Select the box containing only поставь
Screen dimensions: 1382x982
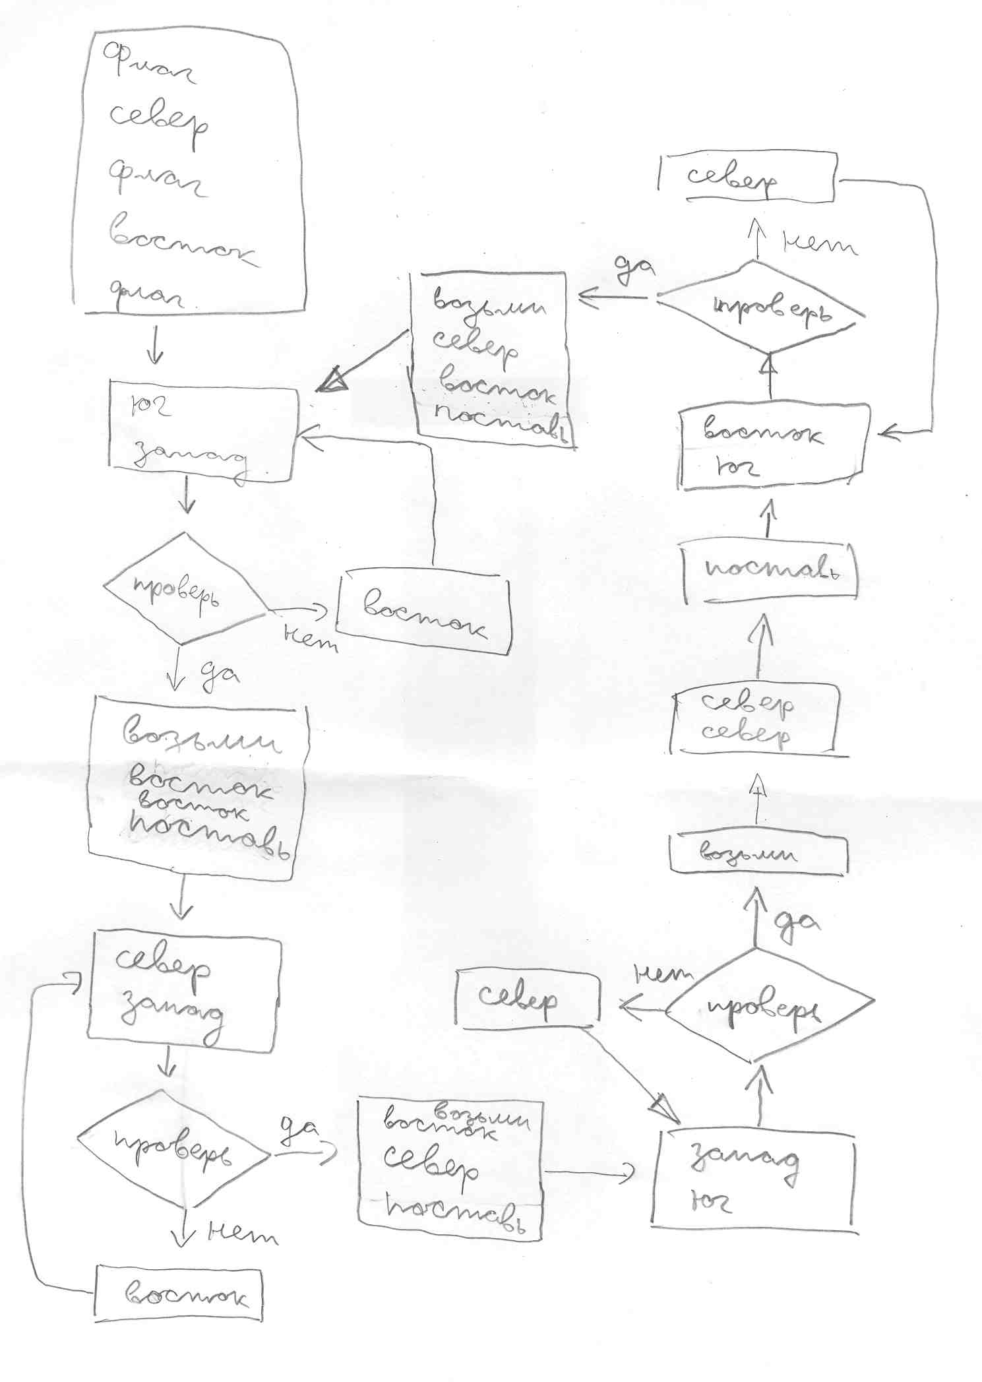pyautogui.click(x=770, y=571)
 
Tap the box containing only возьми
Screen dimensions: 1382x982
pyautogui.click(x=757, y=854)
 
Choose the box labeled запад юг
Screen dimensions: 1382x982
pyautogui.click(x=753, y=1181)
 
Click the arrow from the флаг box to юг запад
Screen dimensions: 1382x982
pyautogui.click(x=155, y=346)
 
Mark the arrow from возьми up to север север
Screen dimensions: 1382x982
pyautogui.click(x=758, y=797)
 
